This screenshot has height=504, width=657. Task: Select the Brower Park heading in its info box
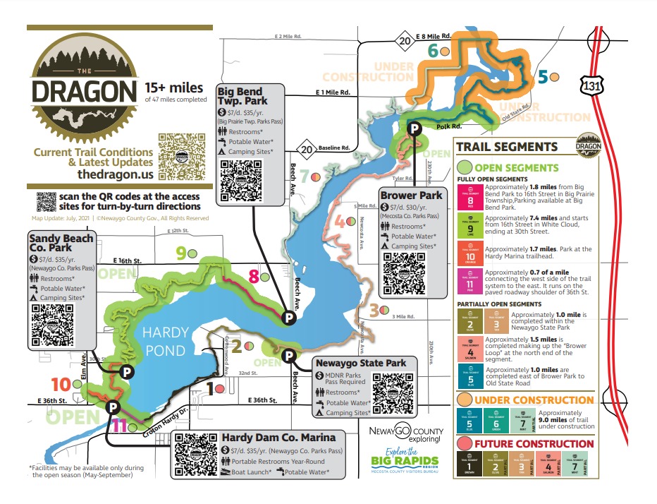pos(411,195)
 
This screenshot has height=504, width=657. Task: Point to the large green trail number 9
pos(182,253)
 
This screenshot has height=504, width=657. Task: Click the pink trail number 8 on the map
pos(254,277)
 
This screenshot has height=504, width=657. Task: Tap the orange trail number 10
pos(61,385)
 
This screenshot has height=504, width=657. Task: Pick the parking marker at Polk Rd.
pos(415,128)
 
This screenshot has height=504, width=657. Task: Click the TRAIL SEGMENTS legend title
pos(507,148)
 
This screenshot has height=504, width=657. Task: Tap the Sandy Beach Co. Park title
pos(61,244)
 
